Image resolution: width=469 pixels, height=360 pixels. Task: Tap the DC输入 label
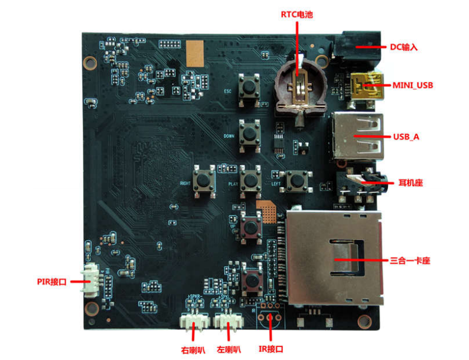(404, 47)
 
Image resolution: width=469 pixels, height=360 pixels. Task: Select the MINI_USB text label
(413, 85)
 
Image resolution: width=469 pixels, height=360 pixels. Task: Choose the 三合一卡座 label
(410, 260)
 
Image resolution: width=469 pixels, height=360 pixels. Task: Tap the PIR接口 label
(50, 282)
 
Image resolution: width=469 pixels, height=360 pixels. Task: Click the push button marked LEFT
(295, 180)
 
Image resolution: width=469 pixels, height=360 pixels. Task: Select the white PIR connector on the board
(93, 282)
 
